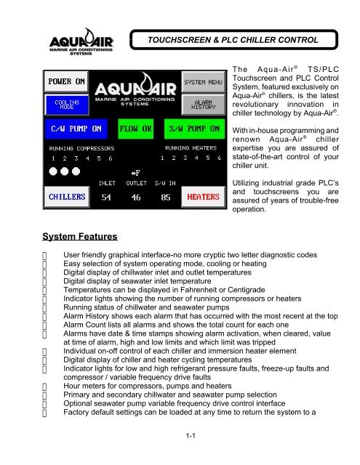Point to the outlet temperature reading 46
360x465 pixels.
click(x=136, y=197)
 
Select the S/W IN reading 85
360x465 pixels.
click(x=165, y=197)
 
